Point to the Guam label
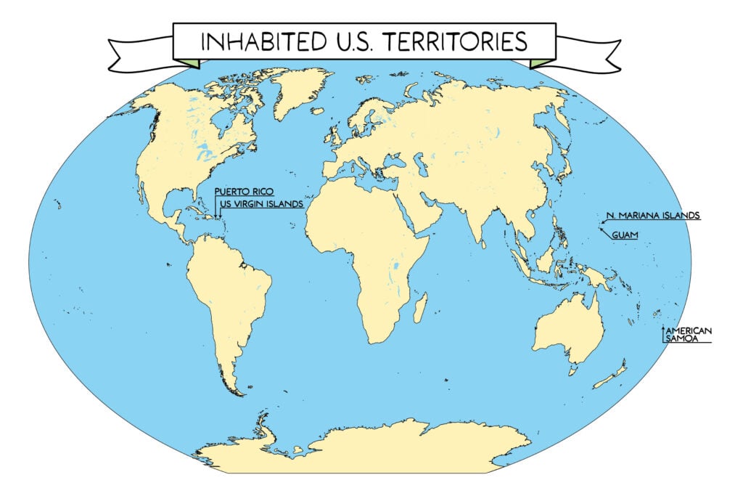pyautogui.click(x=625, y=235)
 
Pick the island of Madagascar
pyautogui.click(x=419, y=308)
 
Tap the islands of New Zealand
pyautogui.click(x=613, y=375)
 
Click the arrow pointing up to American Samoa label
pyautogui.click(x=662, y=333)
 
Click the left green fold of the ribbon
pyautogui.click(x=189, y=63)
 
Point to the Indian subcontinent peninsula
pyautogui.click(x=479, y=225)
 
